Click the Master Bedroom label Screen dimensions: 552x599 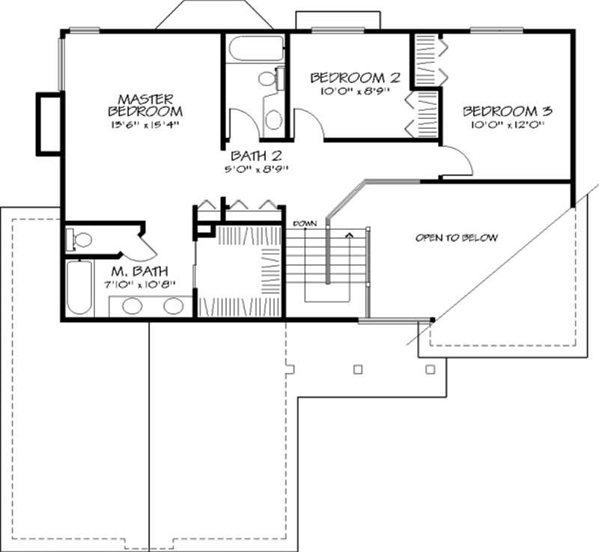pos(146,105)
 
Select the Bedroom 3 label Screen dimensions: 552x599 pos(507,112)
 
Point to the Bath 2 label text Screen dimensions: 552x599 pos(255,156)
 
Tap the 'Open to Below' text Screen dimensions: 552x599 pos(457,238)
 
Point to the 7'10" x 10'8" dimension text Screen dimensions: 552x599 pos(140,285)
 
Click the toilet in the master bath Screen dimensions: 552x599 pos(80,240)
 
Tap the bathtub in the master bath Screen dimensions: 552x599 pos(78,288)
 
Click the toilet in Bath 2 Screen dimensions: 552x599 pos(269,78)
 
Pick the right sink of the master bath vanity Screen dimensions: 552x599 pos(173,305)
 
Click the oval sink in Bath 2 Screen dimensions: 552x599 pos(274,119)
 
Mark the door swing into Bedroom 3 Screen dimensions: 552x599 pos(458,158)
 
